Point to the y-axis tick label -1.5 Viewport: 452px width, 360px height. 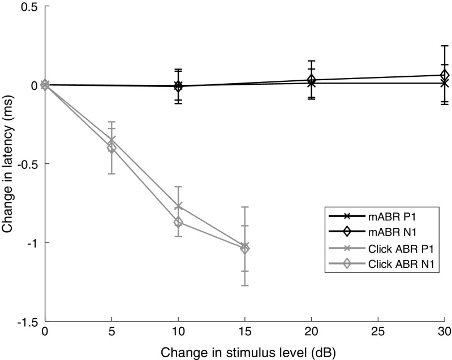pyautogui.click(x=28, y=322)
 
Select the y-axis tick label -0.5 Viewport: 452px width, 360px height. pyautogui.click(x=28, y=164)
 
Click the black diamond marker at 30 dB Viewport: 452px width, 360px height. pyautogui.click(x=445, y=75)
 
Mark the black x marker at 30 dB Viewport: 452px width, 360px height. pyautogui.click(x=445, y=83)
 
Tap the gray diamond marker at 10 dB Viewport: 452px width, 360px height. pyautogui.click(x=178, y=222)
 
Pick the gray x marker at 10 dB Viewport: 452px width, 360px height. pyautogui.click(x=178, y=206)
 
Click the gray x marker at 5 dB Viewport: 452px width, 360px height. pyautogui.click(x=112, y=140)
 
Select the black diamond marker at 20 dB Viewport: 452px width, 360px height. pyautogui.click(x=311, y=80)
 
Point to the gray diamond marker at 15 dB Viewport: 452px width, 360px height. pyautogui.click(x=245, y=249)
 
